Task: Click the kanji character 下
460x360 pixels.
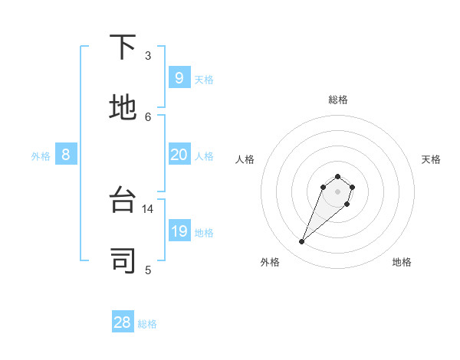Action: tap(123, 48)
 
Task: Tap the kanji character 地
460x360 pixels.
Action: tap(123, 108)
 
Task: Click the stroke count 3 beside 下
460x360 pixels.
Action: tap(148, 55)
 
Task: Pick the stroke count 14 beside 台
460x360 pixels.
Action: tap(148, 208)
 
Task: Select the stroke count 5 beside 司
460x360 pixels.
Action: tap(148, 269)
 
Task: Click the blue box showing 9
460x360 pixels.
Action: tap(179, 77)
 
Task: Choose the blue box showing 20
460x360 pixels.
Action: tap(179, 155)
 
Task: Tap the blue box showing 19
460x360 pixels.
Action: tap(179, 231)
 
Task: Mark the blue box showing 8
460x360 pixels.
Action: tap(66, 155)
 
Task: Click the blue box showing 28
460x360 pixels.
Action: tap(123, 322)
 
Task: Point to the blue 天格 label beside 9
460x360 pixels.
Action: tap(204, 80)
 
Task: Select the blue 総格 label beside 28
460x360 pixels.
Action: tap(148, 324)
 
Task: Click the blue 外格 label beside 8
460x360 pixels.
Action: tap(41, 156)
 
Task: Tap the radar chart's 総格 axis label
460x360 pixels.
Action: tap(338, 100)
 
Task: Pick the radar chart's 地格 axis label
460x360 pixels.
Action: tap(402, 262)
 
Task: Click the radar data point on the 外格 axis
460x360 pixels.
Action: tap(302, 242)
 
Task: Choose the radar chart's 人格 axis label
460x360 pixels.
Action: tap(245, 159)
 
